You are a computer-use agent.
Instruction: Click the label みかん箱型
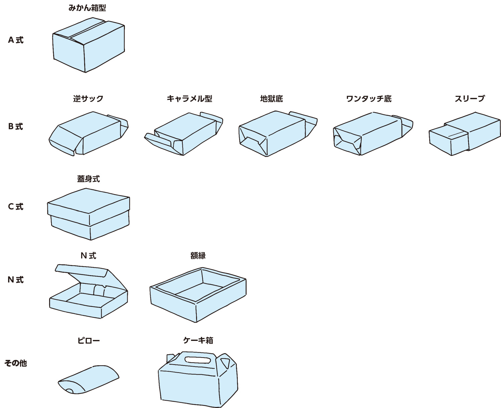point(87,8)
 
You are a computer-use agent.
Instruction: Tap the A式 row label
point(16,40)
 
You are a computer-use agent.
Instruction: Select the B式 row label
point(16,127)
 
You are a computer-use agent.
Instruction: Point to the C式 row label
point(16,207)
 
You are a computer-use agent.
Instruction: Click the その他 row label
point(16,363)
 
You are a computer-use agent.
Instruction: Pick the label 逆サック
point(88,98)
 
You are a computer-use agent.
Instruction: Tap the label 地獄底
point(271,98)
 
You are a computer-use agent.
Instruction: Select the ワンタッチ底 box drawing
point(371,134)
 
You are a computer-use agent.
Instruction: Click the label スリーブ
point(469,98)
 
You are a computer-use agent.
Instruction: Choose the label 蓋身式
point(88,179)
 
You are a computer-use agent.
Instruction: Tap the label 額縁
point(198,255)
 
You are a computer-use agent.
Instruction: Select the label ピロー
point(88,341)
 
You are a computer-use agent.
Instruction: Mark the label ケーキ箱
point(198,340)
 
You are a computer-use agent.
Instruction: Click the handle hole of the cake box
point(197,360)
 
